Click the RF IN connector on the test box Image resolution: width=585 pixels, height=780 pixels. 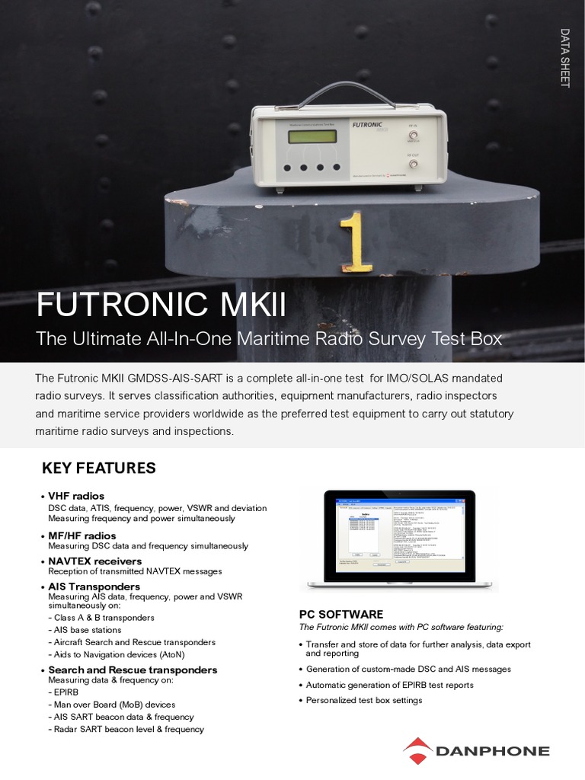(414, 137)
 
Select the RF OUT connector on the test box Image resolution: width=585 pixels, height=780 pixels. (414, 164)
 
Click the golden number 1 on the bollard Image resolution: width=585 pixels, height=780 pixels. (356, 242)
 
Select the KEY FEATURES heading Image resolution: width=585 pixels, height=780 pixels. (98, 468)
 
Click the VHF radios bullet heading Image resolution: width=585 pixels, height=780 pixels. (76, 496)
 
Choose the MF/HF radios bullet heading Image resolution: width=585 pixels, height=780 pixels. (82, 535)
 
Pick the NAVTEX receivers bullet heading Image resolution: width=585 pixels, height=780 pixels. (94, 561)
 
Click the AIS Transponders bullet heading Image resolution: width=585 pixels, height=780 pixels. (94, 587)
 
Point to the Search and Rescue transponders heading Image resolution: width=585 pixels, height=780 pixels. (133, 670)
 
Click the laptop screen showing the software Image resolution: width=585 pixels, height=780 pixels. (399, 535)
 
